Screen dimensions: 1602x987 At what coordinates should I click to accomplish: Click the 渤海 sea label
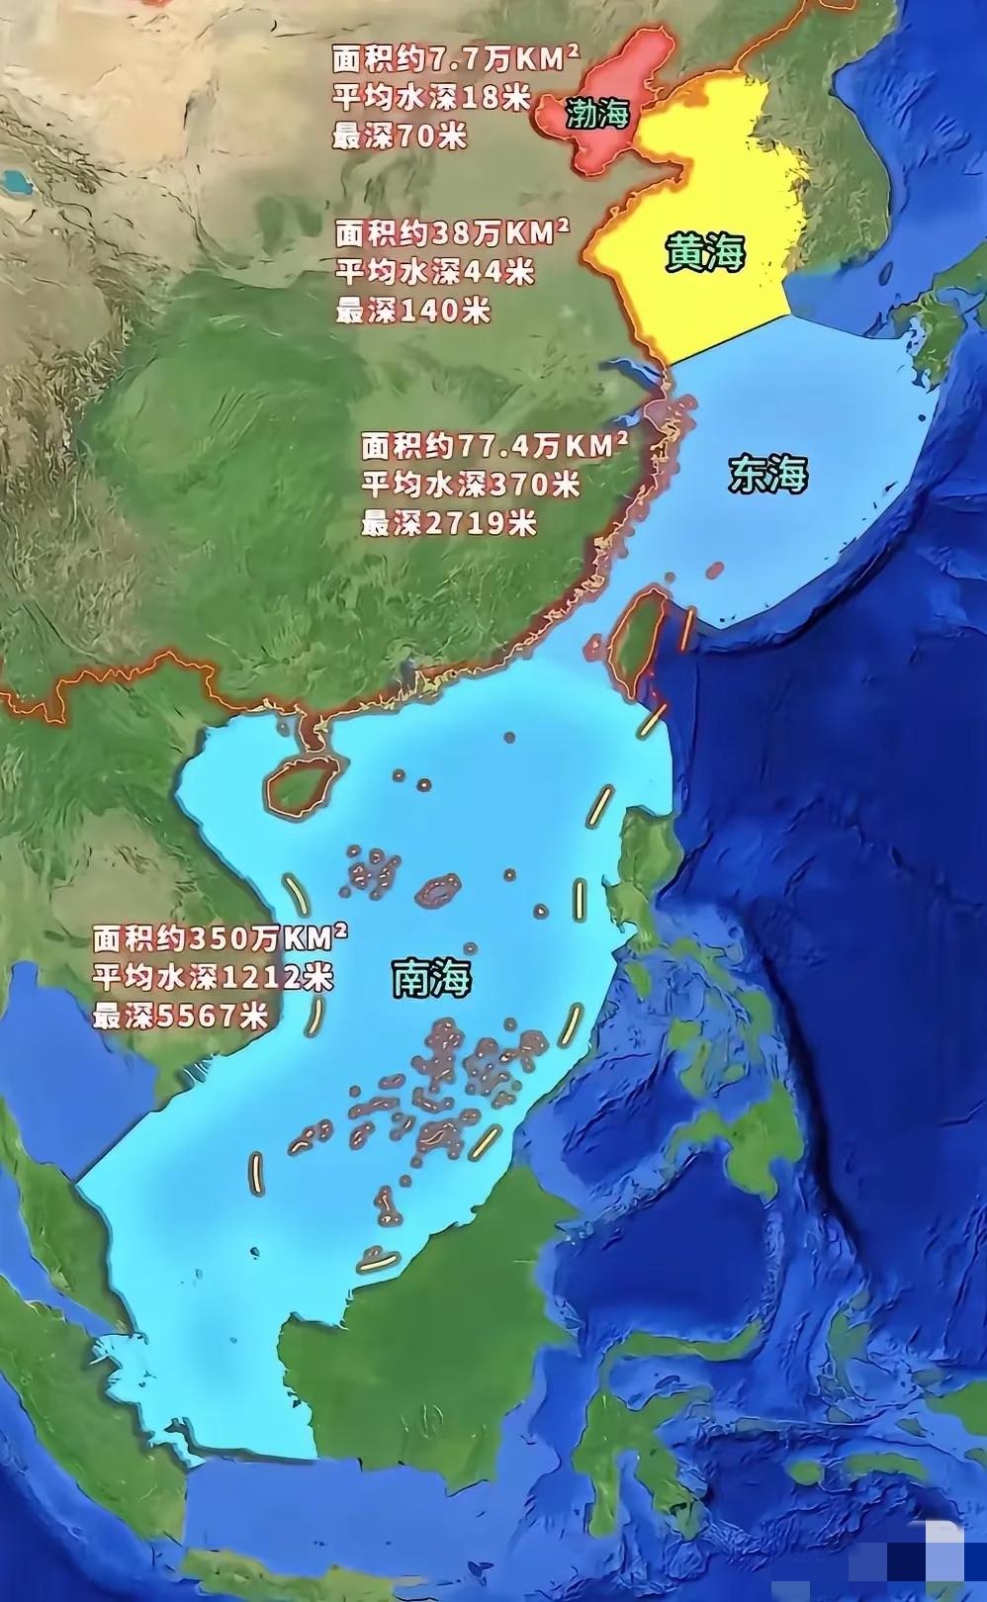coord(597,116)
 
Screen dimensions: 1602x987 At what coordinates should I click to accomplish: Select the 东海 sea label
coord(768,475)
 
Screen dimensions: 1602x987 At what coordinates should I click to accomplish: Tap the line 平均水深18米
coord(431,99)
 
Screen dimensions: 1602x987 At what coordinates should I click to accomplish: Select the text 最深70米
coord(399,136)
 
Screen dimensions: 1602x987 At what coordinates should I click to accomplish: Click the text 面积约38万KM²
coord(452,233)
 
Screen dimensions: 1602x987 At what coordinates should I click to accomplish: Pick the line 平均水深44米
coord(434,271)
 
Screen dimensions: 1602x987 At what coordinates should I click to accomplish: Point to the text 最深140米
coord(412,310)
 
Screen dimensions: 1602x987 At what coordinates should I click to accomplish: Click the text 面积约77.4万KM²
coord(494,446)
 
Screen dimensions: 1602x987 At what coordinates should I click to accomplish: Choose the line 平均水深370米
coord(470,485)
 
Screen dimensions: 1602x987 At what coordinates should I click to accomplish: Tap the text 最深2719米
coord(448,522)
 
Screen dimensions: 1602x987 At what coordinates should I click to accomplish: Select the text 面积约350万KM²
coord(220,936)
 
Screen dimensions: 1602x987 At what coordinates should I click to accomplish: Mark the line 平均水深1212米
coord(214,977)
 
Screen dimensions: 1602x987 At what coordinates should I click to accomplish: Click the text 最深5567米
coord(180,1016)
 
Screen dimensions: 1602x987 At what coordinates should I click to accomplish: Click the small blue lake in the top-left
coord(15,181)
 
